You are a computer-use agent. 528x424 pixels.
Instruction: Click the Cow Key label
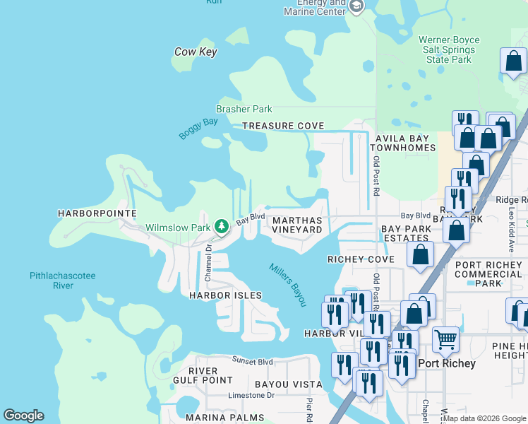point(196,52)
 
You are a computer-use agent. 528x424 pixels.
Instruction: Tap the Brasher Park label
point(244,110)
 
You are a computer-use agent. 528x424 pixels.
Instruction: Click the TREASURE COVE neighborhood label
point(283,126)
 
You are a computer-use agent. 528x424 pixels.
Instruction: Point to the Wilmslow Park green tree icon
point(222,226)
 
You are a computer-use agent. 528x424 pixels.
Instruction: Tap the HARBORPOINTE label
point(86,213)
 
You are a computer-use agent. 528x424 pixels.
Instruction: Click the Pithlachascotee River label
point(62,281)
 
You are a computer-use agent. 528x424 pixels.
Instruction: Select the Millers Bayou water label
point(288,284)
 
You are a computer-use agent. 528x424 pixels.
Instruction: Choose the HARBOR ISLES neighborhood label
point(225,295)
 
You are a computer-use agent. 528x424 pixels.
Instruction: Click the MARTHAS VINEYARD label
point(297,225)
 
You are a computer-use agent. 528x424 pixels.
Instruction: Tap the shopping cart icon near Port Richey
point(445,339)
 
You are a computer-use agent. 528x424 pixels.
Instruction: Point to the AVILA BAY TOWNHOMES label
point(405,143)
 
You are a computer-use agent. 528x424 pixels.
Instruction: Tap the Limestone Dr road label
point(251,396)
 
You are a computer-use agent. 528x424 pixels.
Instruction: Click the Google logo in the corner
point(23,416)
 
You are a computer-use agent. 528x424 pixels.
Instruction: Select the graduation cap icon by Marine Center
point(356,7)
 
